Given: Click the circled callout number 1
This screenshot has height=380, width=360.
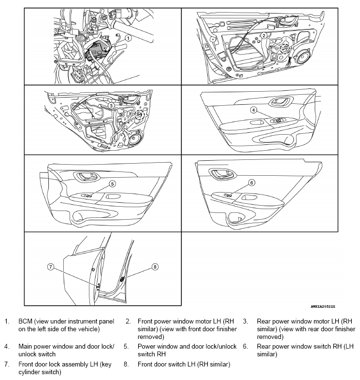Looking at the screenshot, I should click(129, 37).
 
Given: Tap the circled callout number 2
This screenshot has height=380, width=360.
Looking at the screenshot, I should click(264, 35).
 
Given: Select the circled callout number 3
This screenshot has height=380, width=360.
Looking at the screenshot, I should click(111, 105).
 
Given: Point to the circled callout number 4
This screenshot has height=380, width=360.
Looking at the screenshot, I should click(253, 110).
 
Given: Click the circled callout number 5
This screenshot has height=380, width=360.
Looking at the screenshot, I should click(112, 183).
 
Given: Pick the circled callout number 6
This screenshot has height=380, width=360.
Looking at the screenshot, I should click(251, 183).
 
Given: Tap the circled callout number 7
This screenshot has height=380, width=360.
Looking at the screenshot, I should click(50, 267).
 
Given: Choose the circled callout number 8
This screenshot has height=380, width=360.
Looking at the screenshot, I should click(155, 266).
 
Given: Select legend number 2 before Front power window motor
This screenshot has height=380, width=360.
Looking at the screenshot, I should click(128, 321).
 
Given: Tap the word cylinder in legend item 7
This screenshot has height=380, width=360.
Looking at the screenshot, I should click(30, 372).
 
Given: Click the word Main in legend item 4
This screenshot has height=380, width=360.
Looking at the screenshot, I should click(26, 347).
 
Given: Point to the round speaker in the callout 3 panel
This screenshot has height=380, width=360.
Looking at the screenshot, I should click(134, 140).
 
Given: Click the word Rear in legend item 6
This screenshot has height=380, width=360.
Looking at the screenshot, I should click(265, 347).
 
